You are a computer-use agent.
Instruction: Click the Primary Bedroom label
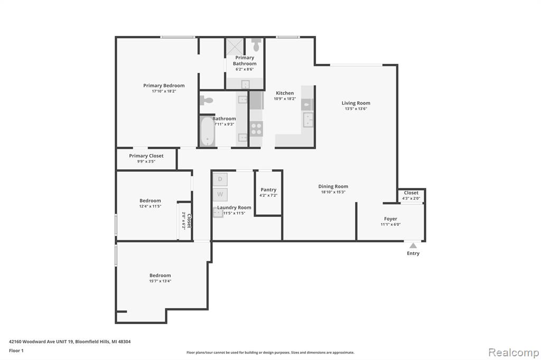(164, 86)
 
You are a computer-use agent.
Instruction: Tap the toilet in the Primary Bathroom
(256, 45)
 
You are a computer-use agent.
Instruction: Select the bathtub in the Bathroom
(207, 132)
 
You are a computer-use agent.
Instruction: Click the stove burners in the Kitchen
(256, 129)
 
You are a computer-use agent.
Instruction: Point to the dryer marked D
(220, 179)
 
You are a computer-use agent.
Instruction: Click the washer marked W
(220, 194)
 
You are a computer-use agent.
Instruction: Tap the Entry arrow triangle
(413, 245)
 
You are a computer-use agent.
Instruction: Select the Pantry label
(268, 190)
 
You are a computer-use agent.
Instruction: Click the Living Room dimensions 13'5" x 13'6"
(356, 109)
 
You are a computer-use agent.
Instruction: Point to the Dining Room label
(333, 186)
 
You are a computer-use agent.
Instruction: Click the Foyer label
(390, 219)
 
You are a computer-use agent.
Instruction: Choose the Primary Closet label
(146, 156)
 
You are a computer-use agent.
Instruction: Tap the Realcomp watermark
(514, 353)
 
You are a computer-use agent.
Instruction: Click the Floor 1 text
(16, 350)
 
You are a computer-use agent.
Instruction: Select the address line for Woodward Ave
(70, 342)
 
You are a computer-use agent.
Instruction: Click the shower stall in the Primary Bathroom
(235, 46)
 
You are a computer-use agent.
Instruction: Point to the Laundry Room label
(234, 207)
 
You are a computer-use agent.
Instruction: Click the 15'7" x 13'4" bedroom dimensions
(160, 281)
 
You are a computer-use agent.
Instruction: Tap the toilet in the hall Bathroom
(207, 100)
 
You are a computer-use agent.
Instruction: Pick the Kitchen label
(285, 93)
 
